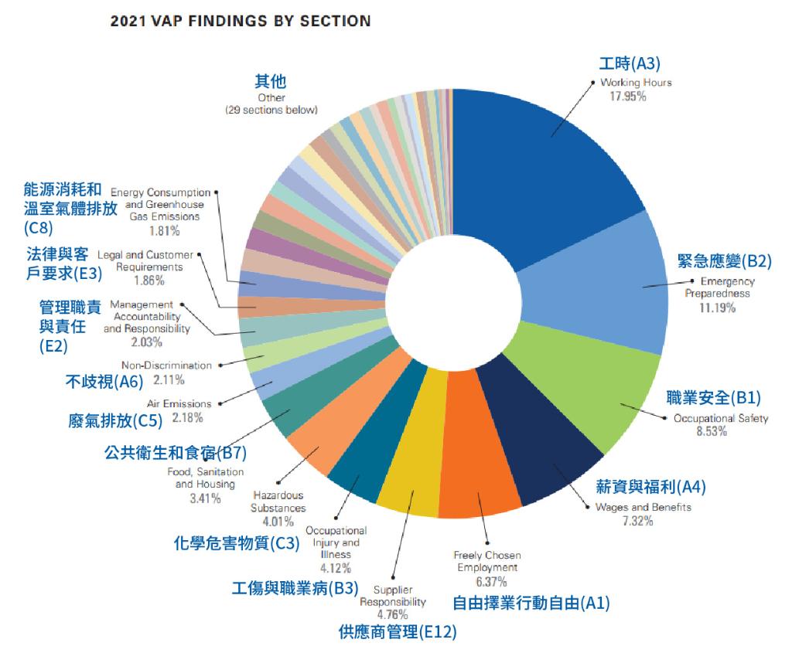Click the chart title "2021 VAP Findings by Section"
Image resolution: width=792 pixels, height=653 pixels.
(x=241, y=22)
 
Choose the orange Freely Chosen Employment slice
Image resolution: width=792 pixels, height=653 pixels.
(x=480, y=471)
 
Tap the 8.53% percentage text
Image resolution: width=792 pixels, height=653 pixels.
(x=712, y=432)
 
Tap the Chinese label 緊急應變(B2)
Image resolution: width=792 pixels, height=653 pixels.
(x=725, y=260)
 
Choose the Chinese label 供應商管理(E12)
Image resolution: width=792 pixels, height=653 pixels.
(x=398, y=632)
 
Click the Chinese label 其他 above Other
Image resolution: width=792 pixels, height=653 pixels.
(x=271, y=82)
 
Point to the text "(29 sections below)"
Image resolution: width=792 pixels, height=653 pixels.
(x=271, y=110)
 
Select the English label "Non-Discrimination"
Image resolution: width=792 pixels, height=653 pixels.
(x=166, y=366)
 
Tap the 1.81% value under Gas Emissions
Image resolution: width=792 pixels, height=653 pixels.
(x=165, y=231)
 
